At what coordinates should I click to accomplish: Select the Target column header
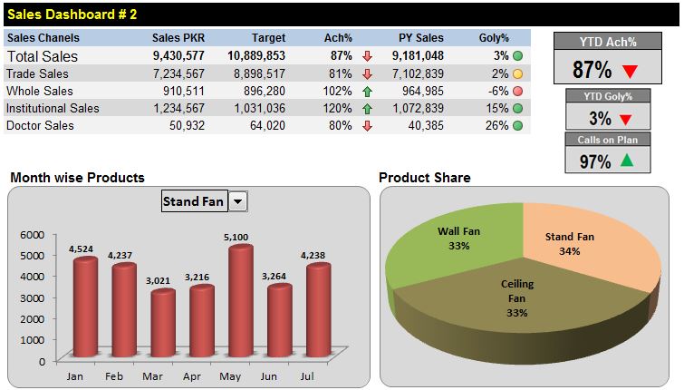pos(268,38)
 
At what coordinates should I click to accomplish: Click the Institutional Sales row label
pos(53,108)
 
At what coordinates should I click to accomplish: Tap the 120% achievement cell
pos(337,108)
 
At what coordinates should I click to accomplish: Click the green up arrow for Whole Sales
pos(367,91)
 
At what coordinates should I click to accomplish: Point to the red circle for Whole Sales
pos(517,91)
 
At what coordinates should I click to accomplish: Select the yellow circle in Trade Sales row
pos(517,73)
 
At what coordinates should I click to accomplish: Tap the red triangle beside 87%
pos(631,71)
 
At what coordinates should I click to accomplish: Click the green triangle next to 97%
pos(627,161)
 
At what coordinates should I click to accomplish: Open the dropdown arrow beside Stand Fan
pos(238,201)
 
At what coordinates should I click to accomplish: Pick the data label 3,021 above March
pos(159,280)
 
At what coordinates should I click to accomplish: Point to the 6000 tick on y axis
pos(32,234)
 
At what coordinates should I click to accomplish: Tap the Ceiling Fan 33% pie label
pos(517,297)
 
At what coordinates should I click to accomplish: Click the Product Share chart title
pos(424,178)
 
